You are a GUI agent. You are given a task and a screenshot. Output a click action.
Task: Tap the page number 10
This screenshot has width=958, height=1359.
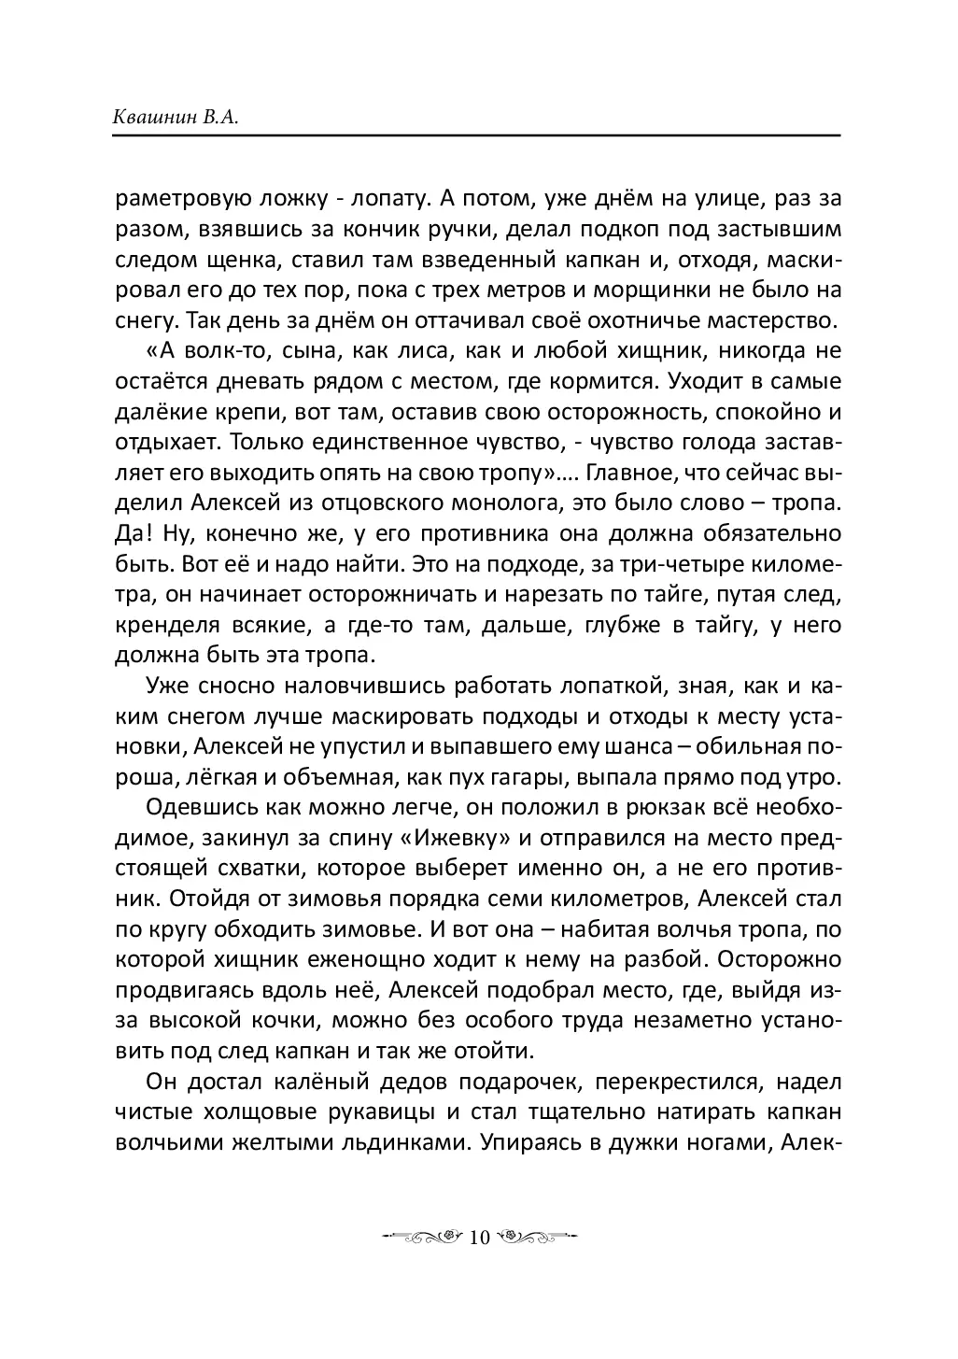tap(479, 1238)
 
